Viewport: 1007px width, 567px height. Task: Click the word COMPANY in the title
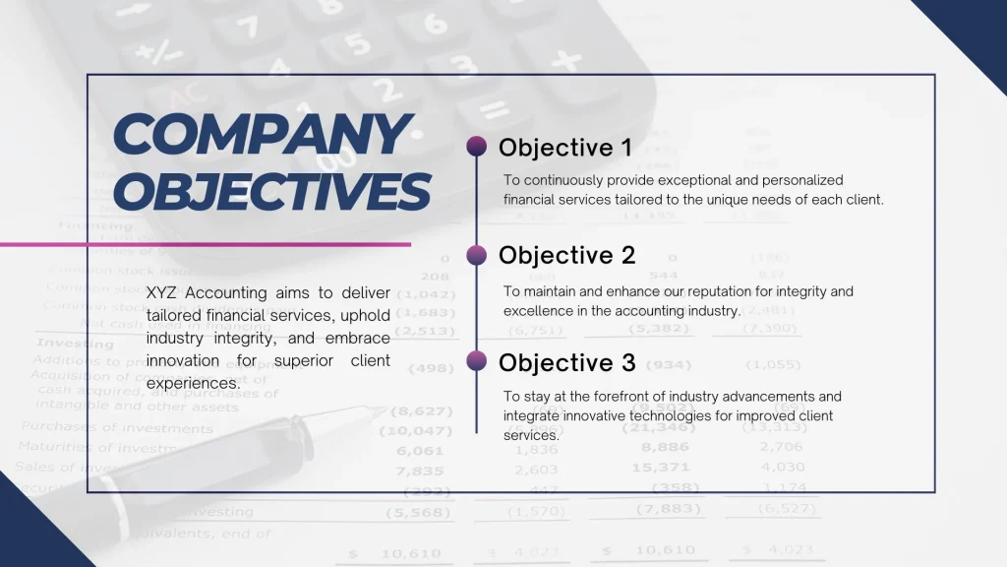(x=261, y=135)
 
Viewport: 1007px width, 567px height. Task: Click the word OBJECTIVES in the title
(x=271, y=189)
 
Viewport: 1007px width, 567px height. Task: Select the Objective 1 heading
(x=564, y=148)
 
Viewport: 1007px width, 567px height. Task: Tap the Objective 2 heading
(x=566, y=255)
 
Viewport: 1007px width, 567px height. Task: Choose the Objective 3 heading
(x=566, y=362)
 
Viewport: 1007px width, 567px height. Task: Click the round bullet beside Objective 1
(x=477, y=147)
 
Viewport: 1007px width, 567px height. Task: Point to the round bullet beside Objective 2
(x=477, y=255)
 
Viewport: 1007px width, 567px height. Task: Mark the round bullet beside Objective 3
(x=477, y=361)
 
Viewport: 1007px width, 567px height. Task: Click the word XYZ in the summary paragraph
(x=162, y=292)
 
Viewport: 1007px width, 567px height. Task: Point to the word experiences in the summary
(x=193, y=383)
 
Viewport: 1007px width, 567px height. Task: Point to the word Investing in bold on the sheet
(x=75, y=344)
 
